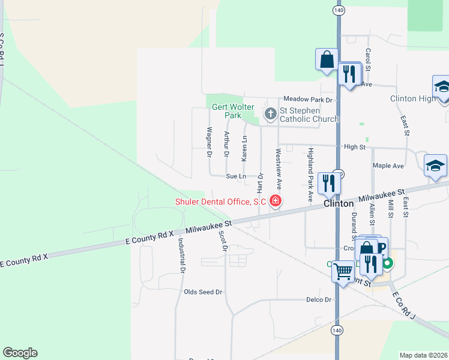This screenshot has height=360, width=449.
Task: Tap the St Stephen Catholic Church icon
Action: [x=271, y=113]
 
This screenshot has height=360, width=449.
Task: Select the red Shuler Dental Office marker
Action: [x=276, y=201]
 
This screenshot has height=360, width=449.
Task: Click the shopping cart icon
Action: [x=343, y=271]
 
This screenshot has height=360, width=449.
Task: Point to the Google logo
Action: [x=20, y=353]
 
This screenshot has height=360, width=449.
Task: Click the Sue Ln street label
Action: [x=236, y=176]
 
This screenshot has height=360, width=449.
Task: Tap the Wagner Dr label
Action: [x=209, y=142]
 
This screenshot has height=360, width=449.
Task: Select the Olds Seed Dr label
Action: [x=203, y=292]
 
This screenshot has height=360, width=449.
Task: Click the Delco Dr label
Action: [x=319, y=299]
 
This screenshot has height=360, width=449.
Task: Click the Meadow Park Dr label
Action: [x=308, y=99]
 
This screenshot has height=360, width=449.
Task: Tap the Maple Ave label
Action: [x=388, y=166]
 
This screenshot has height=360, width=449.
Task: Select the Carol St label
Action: [x=369, y=60]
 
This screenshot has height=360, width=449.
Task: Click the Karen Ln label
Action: [x=244, y=148]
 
